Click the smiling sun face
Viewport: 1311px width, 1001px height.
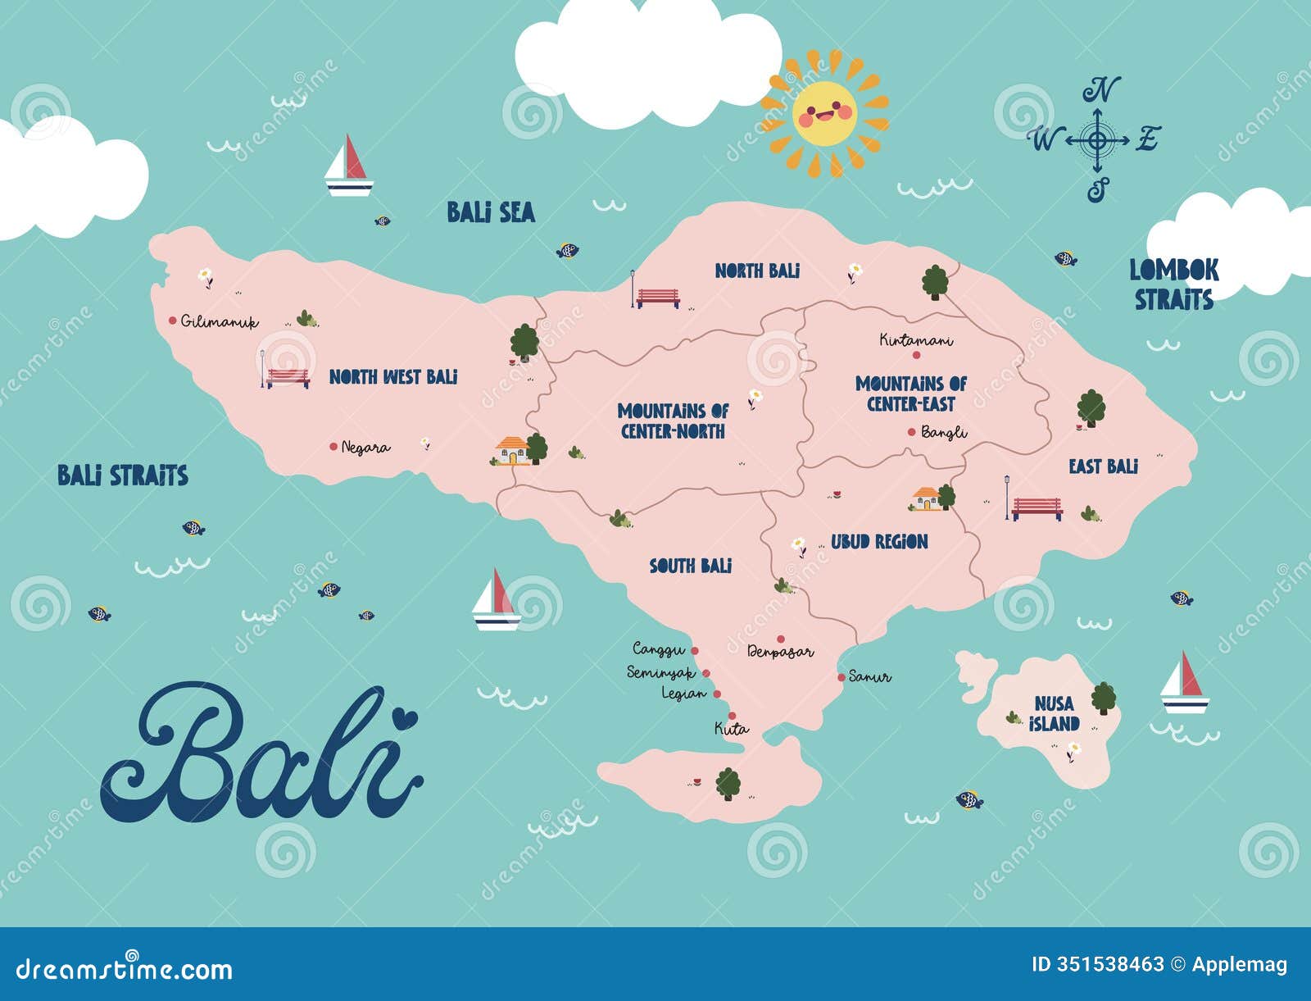pos(824,113)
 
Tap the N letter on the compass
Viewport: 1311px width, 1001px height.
pos(1101,89)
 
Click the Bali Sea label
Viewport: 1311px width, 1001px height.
pos(491,212)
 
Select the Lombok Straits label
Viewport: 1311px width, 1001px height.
pos(1173,284)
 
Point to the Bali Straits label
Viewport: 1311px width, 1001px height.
pos(123,475)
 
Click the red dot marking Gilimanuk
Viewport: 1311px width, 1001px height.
pos(173,321)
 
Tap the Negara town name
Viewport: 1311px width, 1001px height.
pos(365,448)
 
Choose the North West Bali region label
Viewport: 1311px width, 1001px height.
pos(393,377)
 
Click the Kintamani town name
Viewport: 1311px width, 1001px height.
pos(916,339)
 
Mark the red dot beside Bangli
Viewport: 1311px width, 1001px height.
pos(911,432)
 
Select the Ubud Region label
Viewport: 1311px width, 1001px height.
pos(879,542)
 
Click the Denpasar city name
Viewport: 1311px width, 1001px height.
pos(780,653)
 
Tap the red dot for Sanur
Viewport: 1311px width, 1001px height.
pos(841,677)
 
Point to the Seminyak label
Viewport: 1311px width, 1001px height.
pos(660,673)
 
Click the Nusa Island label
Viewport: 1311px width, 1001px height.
pos(1054,714)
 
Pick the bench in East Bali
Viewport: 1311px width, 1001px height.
pos(1036,508)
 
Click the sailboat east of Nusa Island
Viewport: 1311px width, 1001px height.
pos(1184,682)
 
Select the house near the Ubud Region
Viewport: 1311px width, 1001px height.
pos(927,498)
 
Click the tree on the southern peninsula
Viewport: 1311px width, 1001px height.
pos(728,784)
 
